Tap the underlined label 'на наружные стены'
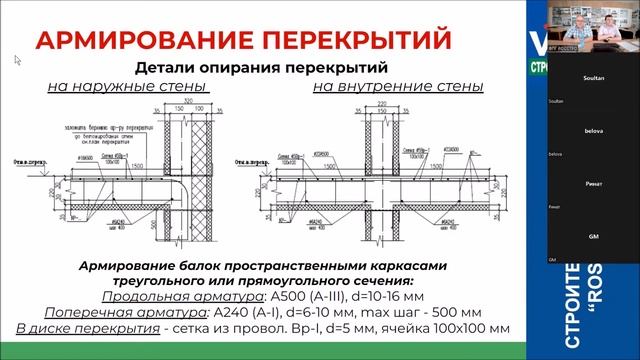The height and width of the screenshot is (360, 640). coord(127,87)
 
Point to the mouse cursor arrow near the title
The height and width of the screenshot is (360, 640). coord(17,60)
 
